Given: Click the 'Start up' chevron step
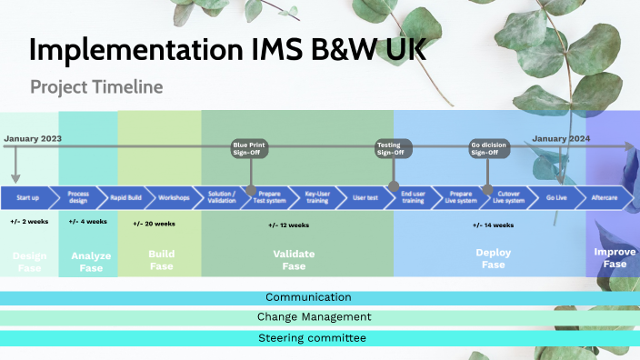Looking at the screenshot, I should pos(28,197).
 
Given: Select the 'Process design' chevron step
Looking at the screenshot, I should pos(77,197).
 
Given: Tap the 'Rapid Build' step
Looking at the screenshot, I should pos(125,197).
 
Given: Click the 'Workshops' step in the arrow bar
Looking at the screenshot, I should pos(174,197).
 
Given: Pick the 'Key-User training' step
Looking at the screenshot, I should pos(318,197).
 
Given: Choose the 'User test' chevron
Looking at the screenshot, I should pos(365,197).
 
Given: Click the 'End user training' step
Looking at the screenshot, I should pos(414,197).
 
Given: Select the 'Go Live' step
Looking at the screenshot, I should pos(555,197).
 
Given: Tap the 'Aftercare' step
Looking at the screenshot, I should pos(604,197).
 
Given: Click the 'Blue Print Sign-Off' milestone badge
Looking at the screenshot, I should pos(249,148).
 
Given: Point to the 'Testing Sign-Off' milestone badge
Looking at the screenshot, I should pos(394,148).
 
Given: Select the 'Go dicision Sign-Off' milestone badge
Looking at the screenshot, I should pos(487,148).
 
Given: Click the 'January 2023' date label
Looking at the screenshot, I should pos(33,138).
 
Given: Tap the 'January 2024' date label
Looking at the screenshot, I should pos(561,138).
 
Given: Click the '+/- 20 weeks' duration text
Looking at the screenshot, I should pos(155,223).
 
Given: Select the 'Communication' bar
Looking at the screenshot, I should pos(308,297).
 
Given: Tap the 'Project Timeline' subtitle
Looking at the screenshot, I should pos(95,87).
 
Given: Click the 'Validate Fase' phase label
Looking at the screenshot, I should pos(294,260).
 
